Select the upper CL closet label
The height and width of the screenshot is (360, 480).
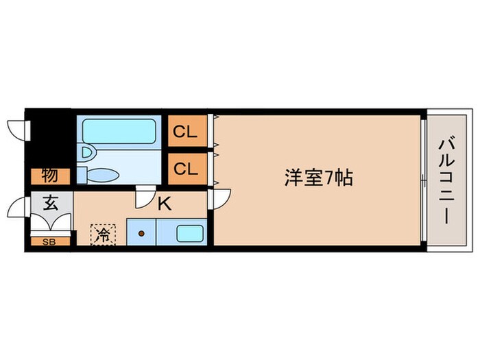185,131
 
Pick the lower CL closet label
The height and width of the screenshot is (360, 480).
185,169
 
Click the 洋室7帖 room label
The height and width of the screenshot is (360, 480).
319,178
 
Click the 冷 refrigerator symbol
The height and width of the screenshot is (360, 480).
102,234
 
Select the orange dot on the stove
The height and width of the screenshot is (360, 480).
141,233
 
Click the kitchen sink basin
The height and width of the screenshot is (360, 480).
190,233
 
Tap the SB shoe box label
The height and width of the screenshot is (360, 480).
49,241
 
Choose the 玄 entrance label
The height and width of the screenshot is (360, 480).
51,204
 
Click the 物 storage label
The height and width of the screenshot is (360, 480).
49,176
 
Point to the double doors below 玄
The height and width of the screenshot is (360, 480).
51,224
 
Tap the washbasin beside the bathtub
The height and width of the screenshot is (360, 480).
86,152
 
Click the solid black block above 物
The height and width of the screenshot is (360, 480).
49,137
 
